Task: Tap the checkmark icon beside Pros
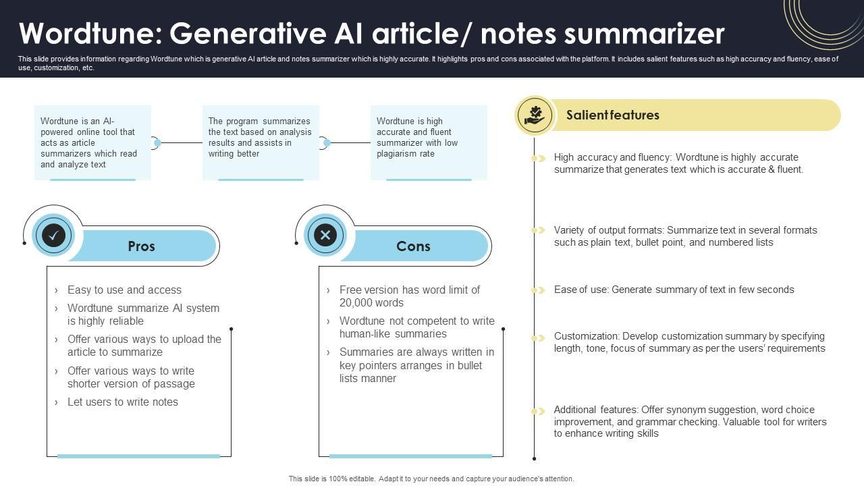coord(53,235)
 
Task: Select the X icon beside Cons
coord(325,235)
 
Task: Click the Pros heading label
coord(141,246)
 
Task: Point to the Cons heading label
coord(413,246)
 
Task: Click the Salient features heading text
coord(612,115)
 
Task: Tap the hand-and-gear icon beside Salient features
coord(535,115)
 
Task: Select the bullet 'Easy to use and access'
coord(124,290)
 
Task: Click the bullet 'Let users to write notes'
coord(123,402)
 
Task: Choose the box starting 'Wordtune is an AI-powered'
coord(92,142)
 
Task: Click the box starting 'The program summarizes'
coord(261,142)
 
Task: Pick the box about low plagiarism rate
coord(429,142)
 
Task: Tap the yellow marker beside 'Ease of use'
coord(538,290)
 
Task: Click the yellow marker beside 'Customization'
coord(538,337)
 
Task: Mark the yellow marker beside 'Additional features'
coord(538,411)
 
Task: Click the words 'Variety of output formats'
coord(608,230)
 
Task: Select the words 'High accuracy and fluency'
coord(612,157)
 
